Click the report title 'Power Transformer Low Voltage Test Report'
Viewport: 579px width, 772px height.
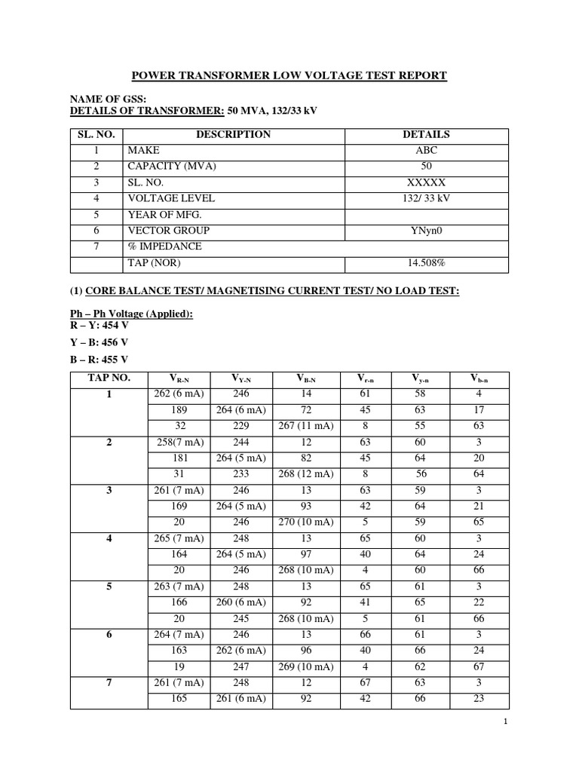click(x=289, y=75)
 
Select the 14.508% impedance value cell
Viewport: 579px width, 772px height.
click(x=426, y=263)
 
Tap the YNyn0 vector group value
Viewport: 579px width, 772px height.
click(x=426, y=231)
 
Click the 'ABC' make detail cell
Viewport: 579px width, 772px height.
click(x=426, y=150)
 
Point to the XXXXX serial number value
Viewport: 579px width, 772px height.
click(x=426, y=182)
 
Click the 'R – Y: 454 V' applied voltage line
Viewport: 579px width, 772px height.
click(x=99, y=325)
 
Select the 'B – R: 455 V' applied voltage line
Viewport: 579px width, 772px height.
click(x=99, y=359)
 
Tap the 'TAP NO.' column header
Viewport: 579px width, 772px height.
click(x=109, y=378)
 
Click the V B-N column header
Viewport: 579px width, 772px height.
click(x=305, y=379)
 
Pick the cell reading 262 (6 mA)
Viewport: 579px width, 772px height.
click(x=173, y=394)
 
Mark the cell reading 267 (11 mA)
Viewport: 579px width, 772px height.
click(x=305, y=425)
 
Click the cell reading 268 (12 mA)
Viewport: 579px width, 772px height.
click(x=305, y=473)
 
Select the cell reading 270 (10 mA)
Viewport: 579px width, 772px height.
click(x=305, y=522)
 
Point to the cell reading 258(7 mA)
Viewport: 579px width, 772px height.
click(x=173, y=442)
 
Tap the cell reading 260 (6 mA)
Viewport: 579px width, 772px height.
click(x=239, y=603)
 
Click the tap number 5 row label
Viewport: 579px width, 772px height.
click(x=109, y=587)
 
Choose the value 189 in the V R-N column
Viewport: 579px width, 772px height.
click(x=173, y=409)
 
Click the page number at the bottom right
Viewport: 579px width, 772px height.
click(x=507, y=723)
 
